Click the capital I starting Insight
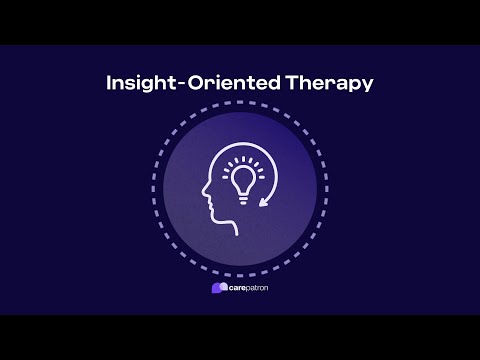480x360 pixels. point(109,83)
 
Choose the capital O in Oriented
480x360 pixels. point(197,83)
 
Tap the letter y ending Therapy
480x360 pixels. point(367,86)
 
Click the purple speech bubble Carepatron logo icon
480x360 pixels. point(218,288)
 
